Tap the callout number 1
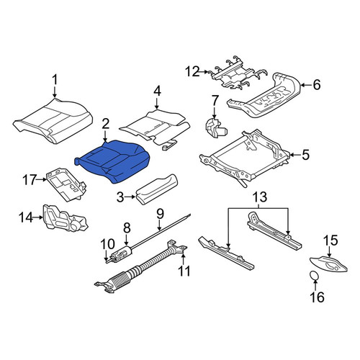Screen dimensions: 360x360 pos(55,80)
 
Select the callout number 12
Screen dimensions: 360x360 pos(192,71)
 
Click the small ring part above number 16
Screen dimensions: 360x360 pos(314,275)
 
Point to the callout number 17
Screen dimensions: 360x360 pos(30,180)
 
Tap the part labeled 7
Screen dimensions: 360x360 pos(215,128)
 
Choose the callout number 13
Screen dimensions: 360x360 pos(261,197)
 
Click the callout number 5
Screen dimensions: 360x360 pos(305,155)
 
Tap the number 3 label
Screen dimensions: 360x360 pos(120,197)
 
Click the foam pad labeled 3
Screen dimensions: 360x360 pos(156,189)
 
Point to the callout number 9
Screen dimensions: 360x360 pos(160,214)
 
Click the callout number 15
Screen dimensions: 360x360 pos(331,240)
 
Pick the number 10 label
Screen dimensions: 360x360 pos(107,244)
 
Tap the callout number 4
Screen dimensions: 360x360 pos(157,91)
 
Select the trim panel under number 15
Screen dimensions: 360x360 pos(329,265)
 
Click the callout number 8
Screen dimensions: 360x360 pos(127,228)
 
